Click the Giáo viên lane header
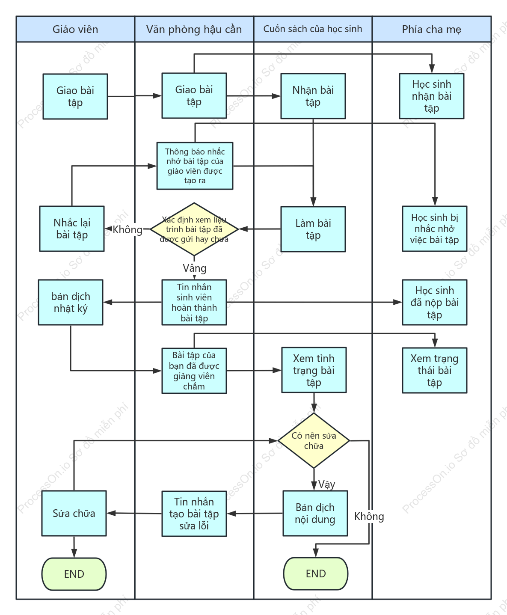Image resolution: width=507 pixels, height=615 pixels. click(75, 29)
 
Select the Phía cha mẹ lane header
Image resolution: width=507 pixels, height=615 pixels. click(432, 29)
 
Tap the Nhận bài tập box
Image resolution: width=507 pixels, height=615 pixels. click(313, 96)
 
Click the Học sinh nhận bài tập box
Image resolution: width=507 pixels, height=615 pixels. click(432, 96)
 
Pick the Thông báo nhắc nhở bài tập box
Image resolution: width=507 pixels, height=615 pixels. click(195, 166)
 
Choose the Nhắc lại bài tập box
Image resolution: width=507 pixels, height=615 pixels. click(72, 229)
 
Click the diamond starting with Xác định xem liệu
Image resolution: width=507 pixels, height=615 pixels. click(194, 229)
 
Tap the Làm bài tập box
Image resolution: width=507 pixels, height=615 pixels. click(313, 229)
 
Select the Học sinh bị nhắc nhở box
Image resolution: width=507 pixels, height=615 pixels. click(435, 229)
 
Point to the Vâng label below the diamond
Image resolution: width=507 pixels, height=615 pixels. click(194, 268)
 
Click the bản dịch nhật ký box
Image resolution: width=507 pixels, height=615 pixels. click(71, 302)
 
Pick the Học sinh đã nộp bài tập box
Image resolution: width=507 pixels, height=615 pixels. click(435, 302)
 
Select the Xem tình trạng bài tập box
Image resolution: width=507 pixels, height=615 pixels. click(314, 370)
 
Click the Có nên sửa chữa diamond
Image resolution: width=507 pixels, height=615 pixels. click(314, 441)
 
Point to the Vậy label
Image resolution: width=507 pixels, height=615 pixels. click(326, 484)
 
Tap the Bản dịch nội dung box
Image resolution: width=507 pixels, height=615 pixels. click(315, 514)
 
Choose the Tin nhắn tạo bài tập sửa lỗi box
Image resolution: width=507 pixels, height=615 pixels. click(194, 514)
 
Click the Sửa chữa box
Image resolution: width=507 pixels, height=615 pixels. click(74, 514)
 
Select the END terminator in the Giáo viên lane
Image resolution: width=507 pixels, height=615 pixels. click(74, 574)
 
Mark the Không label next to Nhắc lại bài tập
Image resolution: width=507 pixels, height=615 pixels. click(127, 229)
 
